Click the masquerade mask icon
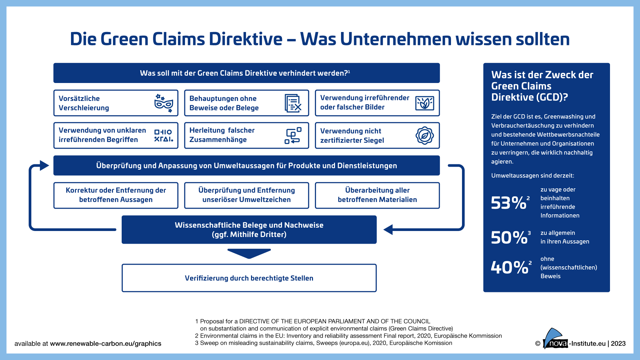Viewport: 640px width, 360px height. [x=164, y=103]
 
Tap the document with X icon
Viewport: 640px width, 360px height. [x=293, y=103]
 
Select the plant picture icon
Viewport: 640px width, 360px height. [x=424, y=103]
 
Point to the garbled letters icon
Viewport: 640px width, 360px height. [x=163, y=136]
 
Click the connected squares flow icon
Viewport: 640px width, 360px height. [x=293, y=136]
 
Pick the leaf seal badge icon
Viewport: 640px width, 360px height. [x=424, y=135]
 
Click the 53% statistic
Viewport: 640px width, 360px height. [x=509, y=203]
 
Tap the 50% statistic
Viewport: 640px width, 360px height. [x=509, y=237]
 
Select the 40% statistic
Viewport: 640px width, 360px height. [x=509, y=267]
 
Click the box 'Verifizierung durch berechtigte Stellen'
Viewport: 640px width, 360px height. [x=249, y=278]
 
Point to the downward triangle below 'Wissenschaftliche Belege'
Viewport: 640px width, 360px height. [x=249, y=253]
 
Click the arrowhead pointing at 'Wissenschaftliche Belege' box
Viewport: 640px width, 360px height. [x=388, y=229]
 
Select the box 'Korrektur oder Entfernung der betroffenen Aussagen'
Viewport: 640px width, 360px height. [x=116, y=195]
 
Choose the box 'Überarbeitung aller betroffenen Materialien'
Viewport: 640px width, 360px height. [x=377, y=195]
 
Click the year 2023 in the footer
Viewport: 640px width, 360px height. [x=618, y=344]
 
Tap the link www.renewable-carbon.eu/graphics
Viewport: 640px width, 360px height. [x=106, y=344]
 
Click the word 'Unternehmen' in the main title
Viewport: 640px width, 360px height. [x=395, y=39]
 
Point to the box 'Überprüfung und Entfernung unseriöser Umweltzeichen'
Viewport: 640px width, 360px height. [x=246, y=195]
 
